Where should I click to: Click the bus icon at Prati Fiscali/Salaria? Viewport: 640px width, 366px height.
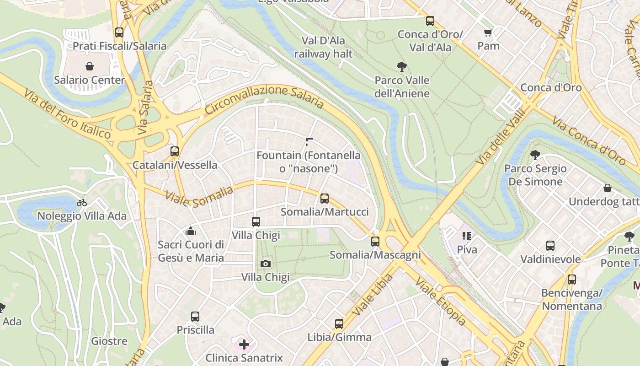click(119, 32)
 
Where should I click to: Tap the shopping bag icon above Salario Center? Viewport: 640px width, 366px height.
click(90, 66)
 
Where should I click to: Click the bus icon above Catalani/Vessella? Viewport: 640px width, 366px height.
click(175, 151)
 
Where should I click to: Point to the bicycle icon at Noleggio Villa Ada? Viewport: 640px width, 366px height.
click(82, 203)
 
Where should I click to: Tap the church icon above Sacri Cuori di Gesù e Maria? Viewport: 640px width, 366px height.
click(191, 231)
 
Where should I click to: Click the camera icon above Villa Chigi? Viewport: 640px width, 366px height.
click(265, 264)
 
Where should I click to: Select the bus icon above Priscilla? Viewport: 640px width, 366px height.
click(195, 317)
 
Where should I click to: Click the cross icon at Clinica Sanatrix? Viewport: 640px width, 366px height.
click(244, 344)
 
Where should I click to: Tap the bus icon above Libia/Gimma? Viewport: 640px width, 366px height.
click(339, 324)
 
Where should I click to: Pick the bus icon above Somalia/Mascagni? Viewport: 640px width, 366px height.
click(375, 242)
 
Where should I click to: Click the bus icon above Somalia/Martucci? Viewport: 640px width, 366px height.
click(325, 199)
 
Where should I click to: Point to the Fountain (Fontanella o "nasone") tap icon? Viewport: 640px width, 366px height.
click(309, 142)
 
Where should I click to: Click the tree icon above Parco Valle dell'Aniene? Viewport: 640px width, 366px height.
click(402, 67)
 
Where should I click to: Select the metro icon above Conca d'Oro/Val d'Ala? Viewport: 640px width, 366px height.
click(430, 21)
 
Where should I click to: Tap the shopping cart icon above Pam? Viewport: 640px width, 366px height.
click(488, 32)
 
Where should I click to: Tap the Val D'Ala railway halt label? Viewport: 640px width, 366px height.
click(323, 47)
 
